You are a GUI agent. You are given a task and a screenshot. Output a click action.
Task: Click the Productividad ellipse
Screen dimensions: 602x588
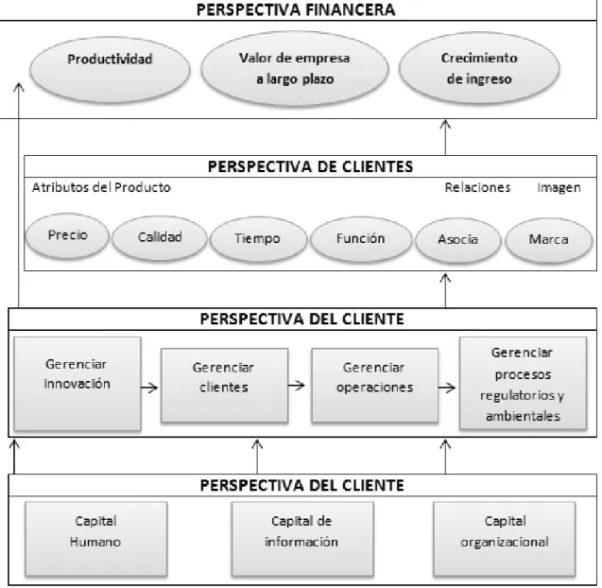click(110, 70)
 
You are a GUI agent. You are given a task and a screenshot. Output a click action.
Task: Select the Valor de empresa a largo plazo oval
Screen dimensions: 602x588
click(295, 69)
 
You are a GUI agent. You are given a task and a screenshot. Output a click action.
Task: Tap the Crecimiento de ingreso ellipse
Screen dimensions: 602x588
click(479, 68)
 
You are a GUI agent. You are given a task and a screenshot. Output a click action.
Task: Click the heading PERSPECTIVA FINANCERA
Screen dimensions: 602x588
click(296, 9)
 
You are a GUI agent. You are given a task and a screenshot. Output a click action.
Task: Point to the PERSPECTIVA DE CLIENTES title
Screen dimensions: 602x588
click(310, 166)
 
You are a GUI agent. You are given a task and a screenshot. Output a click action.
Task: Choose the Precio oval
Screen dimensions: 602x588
click(68, 235)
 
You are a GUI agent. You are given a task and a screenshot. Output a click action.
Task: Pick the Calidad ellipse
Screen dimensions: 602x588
click(160, 237)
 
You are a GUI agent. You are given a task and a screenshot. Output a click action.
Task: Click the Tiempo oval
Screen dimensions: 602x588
click(258, 239)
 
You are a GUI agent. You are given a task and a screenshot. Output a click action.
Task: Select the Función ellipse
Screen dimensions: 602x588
click(361, 239)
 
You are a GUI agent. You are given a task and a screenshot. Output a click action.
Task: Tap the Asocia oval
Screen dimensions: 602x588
click(458, 240)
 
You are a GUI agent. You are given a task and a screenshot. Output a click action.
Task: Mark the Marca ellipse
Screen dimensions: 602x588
click(549, 240)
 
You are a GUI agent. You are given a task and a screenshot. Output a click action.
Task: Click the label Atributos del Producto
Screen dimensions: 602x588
click(101, 187)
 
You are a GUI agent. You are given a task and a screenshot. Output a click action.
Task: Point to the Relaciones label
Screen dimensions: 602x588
click(477, 187)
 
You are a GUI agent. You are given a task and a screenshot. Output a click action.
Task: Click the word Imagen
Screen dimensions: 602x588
click(559, 188)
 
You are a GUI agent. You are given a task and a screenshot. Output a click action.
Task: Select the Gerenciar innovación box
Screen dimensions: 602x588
click(77, 384)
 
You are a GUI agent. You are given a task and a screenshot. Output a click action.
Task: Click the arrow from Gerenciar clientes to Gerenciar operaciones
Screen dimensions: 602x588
click(297, 385)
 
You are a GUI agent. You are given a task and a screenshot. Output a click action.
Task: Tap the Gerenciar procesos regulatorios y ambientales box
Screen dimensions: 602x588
click(523, 383)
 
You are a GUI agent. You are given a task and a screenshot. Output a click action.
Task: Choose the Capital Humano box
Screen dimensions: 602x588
click(96, 539)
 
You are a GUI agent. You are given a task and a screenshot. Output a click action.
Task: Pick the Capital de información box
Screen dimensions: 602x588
click(302, 539)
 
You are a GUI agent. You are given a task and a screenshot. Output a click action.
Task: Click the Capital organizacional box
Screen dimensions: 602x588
click(505, 539)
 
